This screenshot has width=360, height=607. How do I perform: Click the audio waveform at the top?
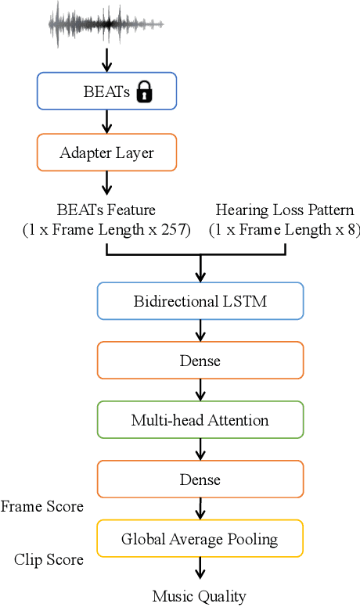point(106,24)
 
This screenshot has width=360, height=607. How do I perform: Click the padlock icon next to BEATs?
point(144,93)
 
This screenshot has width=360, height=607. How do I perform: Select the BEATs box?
point(106,92)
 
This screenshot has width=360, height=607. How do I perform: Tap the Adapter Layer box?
point(106,153)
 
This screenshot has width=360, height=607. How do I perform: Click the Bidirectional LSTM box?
point(200,301)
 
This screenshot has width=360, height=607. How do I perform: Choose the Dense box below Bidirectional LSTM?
point(200,361)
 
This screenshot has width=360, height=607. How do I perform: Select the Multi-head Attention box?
point(200,420)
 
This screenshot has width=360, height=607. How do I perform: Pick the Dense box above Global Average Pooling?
point(200,479)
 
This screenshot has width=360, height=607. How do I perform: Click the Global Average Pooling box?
point(200,539)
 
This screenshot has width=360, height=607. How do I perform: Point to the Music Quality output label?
point(200,596)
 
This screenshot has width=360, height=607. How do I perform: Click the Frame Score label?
point(41,507)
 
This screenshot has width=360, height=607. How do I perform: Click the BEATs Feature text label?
point(106,210)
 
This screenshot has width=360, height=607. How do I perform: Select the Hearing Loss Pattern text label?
point(285,210)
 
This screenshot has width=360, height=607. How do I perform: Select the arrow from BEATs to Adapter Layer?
point(106,122)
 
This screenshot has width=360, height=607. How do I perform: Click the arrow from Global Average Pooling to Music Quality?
point(200,569)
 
